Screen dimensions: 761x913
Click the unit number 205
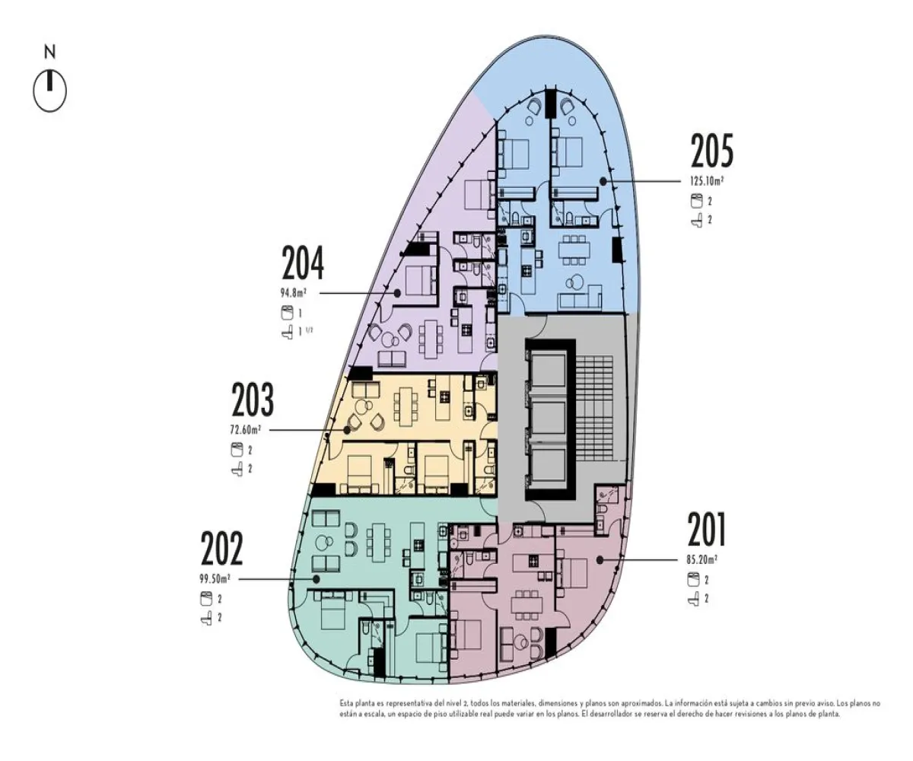[712, 151]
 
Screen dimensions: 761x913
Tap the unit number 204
[303, 264]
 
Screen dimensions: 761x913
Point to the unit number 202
[221, 549]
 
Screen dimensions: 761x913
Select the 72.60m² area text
[246, 430]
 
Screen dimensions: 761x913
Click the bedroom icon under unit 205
[695, 202]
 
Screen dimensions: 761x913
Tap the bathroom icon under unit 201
[693, 599]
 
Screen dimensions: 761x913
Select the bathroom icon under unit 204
[287, 332]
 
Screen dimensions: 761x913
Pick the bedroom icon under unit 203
[236, 450]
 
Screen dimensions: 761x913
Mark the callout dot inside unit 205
[603, 181]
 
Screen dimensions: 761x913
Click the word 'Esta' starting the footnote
[348, 704]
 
